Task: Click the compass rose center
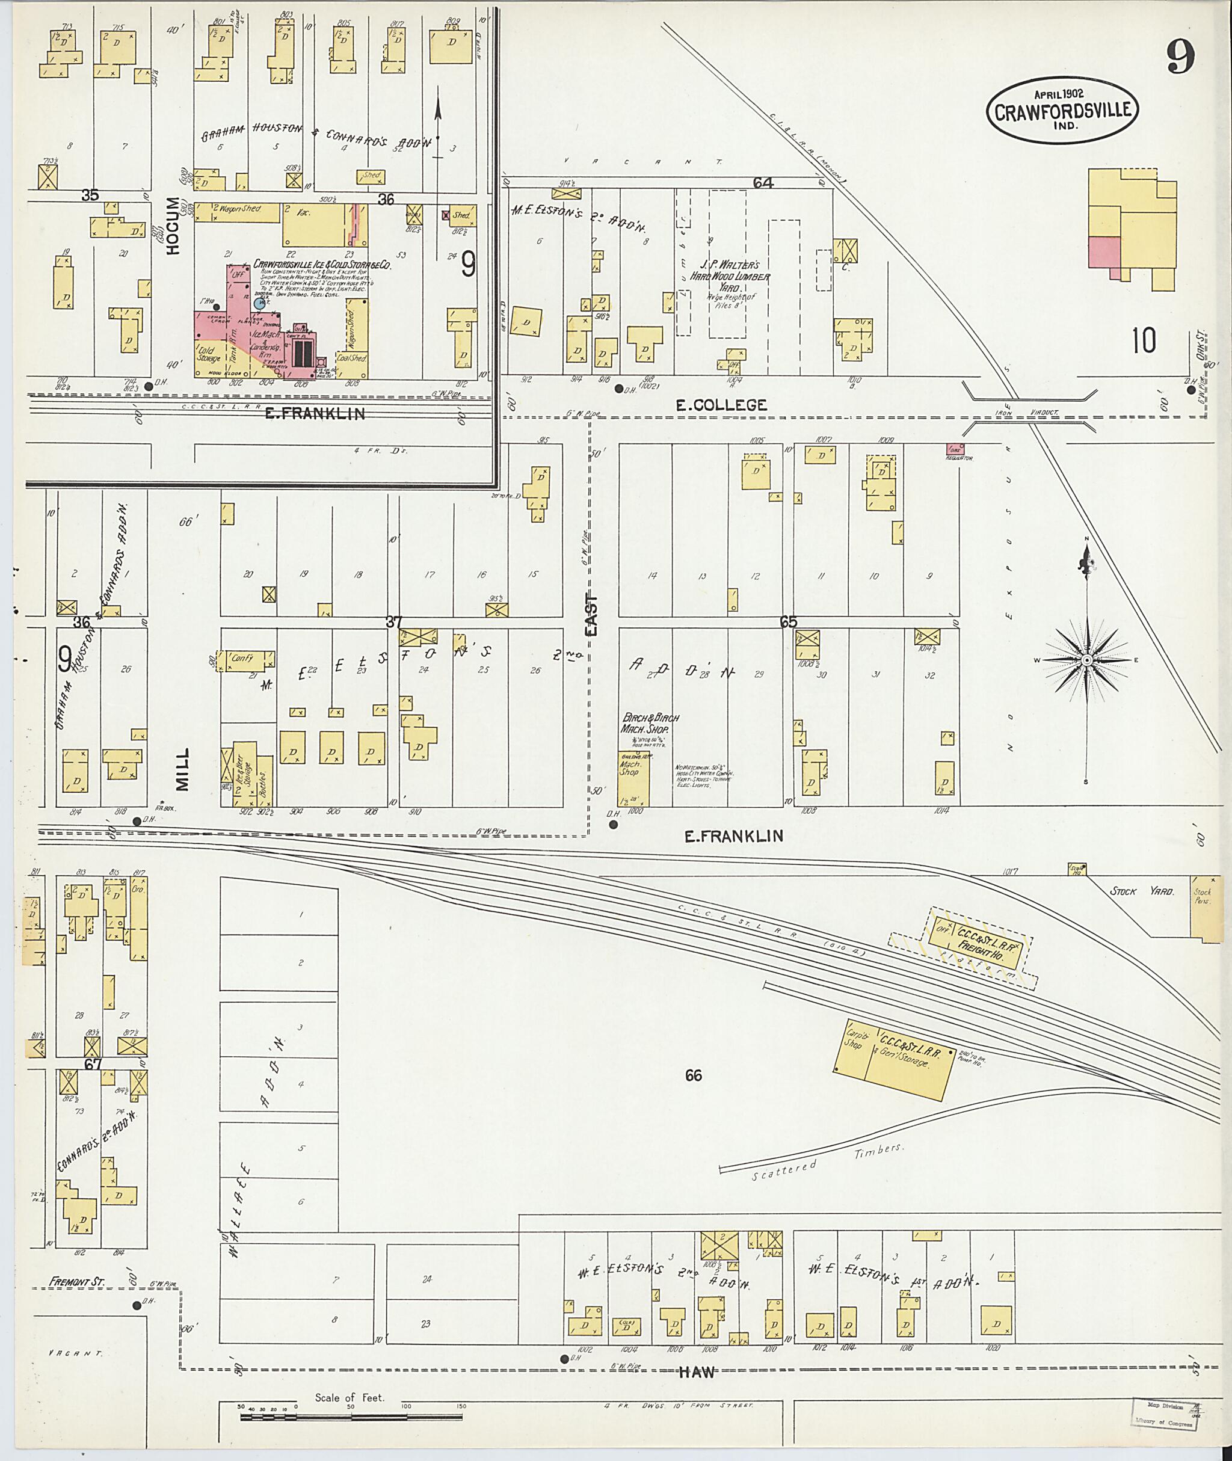(x=1087, y=660)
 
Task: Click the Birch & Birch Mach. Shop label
(x=650, y=723)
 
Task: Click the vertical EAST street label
(x=591, y=615)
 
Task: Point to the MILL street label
(x=182, y=770)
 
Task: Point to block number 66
(x=693, y=1075)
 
